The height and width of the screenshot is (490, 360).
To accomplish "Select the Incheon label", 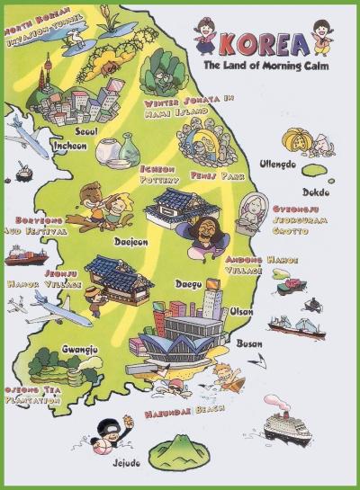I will pos(70,145).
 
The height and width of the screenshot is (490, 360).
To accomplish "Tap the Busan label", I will pos(248,343).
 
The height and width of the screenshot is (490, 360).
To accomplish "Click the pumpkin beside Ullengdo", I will pos(298,139).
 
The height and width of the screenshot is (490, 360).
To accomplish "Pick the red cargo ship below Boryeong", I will pos(27,257).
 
